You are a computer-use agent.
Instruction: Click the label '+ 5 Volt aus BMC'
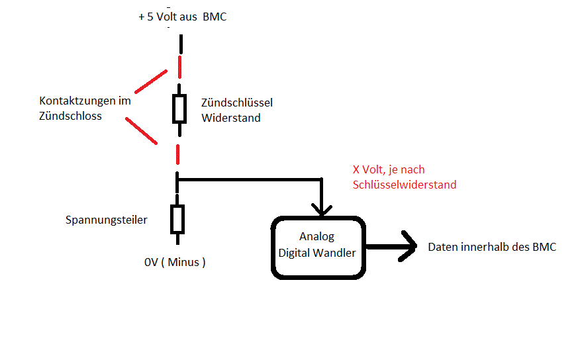click(x=183, y=17)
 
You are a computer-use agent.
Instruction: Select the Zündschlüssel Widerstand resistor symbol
click(x=179, y=109)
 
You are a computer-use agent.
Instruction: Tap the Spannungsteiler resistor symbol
click(x=177, y=219)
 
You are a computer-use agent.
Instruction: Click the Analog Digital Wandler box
click(x=317, y=246)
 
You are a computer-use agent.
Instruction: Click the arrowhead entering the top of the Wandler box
click(x=322, y=210)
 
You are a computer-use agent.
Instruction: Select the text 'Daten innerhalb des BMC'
click(x=492, y=247)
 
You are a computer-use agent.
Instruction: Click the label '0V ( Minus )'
click(x=175, y=262)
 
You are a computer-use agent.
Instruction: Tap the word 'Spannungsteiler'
click(x=107, y=220)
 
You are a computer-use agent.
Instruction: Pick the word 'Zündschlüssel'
click(x=237, y=103)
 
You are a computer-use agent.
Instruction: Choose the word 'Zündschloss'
click(x=70, y=116)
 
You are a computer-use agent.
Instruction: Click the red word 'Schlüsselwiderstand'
click(x=405, y=185)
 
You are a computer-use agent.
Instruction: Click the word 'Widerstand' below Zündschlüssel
click(x=230, y=118)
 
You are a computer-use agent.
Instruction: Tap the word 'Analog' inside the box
click(x=317, y=237)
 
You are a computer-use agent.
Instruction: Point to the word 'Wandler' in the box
click(x=334, y=252)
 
